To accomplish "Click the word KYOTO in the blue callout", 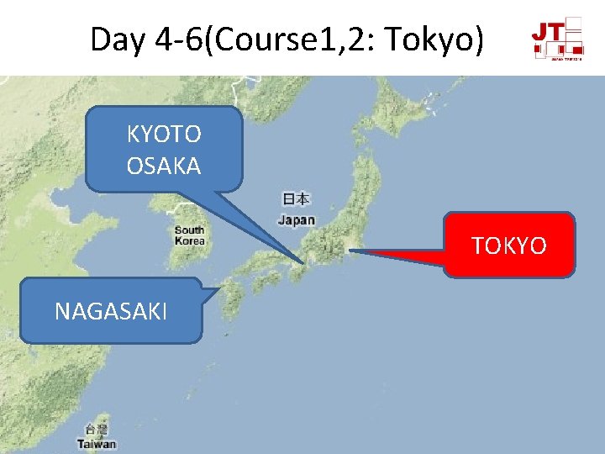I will [163, 134].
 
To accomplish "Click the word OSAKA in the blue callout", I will [163, 166].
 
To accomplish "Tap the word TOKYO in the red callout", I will [508, 245].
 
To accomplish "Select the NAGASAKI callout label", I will [111, 311].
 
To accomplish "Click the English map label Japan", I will [296, 220].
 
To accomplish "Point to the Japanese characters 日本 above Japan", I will [296, 199].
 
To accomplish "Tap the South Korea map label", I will [190, 235].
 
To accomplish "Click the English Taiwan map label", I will [97, 444].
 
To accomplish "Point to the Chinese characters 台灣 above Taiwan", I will [96, 431].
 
